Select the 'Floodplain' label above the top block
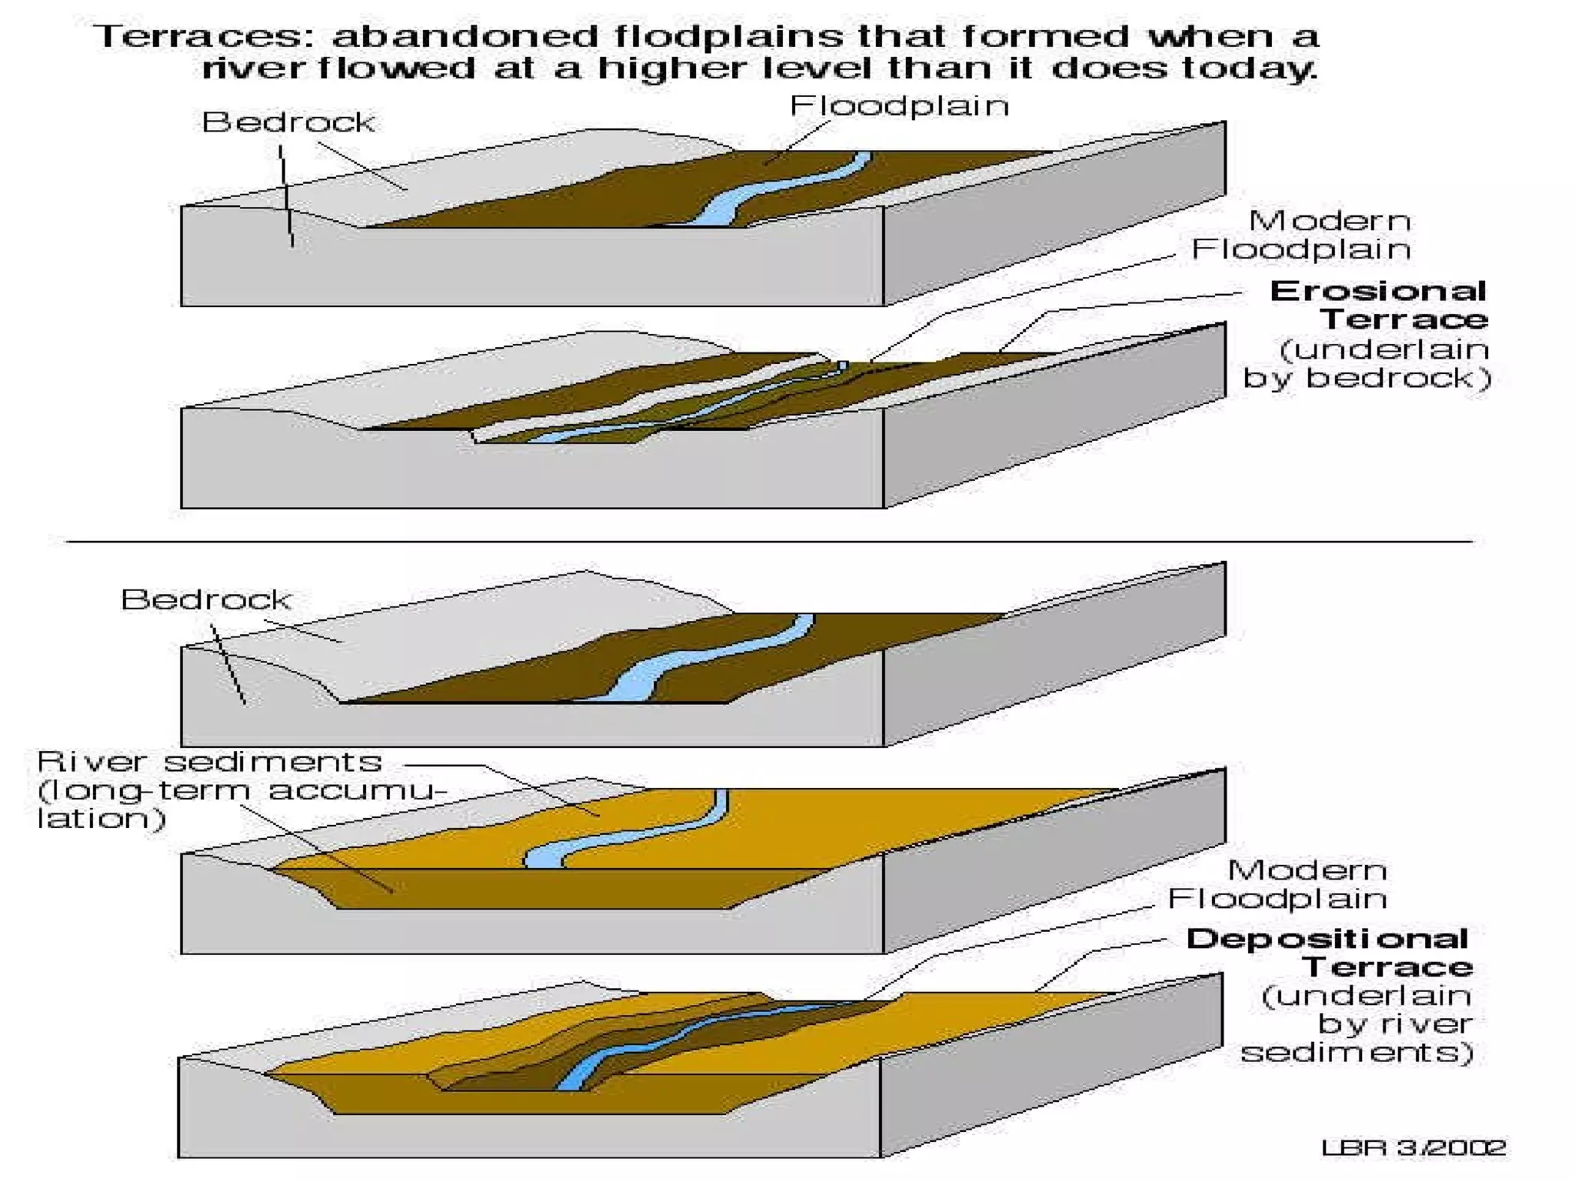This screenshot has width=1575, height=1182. tap(899, 105)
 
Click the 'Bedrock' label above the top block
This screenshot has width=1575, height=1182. tap(288, 122)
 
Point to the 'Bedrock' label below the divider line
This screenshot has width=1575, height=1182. tap(206, 599)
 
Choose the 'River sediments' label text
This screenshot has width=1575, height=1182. tap(209, 762)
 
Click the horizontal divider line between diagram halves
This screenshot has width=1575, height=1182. tap(769, 542)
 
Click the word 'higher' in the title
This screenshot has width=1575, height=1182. tap(673, 68)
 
